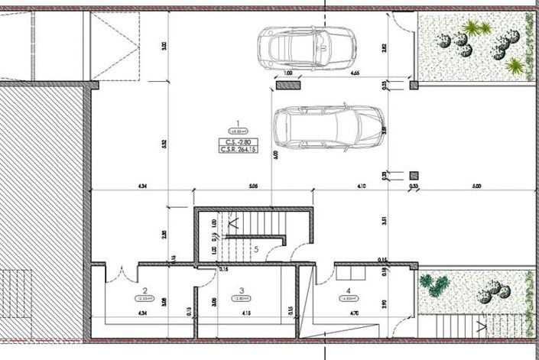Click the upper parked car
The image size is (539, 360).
(x=294, y=47)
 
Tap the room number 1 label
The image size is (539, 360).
(x=239, y=123)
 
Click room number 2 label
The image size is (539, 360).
(x=144, y=290)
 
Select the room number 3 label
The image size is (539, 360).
(x=241, y=290)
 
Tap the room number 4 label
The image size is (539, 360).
(x=349, y=290)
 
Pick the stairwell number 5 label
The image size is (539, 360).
(x=257, y=248)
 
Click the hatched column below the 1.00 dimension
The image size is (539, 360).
(x=289, y=86)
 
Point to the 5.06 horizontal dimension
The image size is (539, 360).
(x=253, y=185)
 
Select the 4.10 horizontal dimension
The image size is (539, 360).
(x=361, y=185)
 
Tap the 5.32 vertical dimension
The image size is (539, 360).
(x=164, y=142)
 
